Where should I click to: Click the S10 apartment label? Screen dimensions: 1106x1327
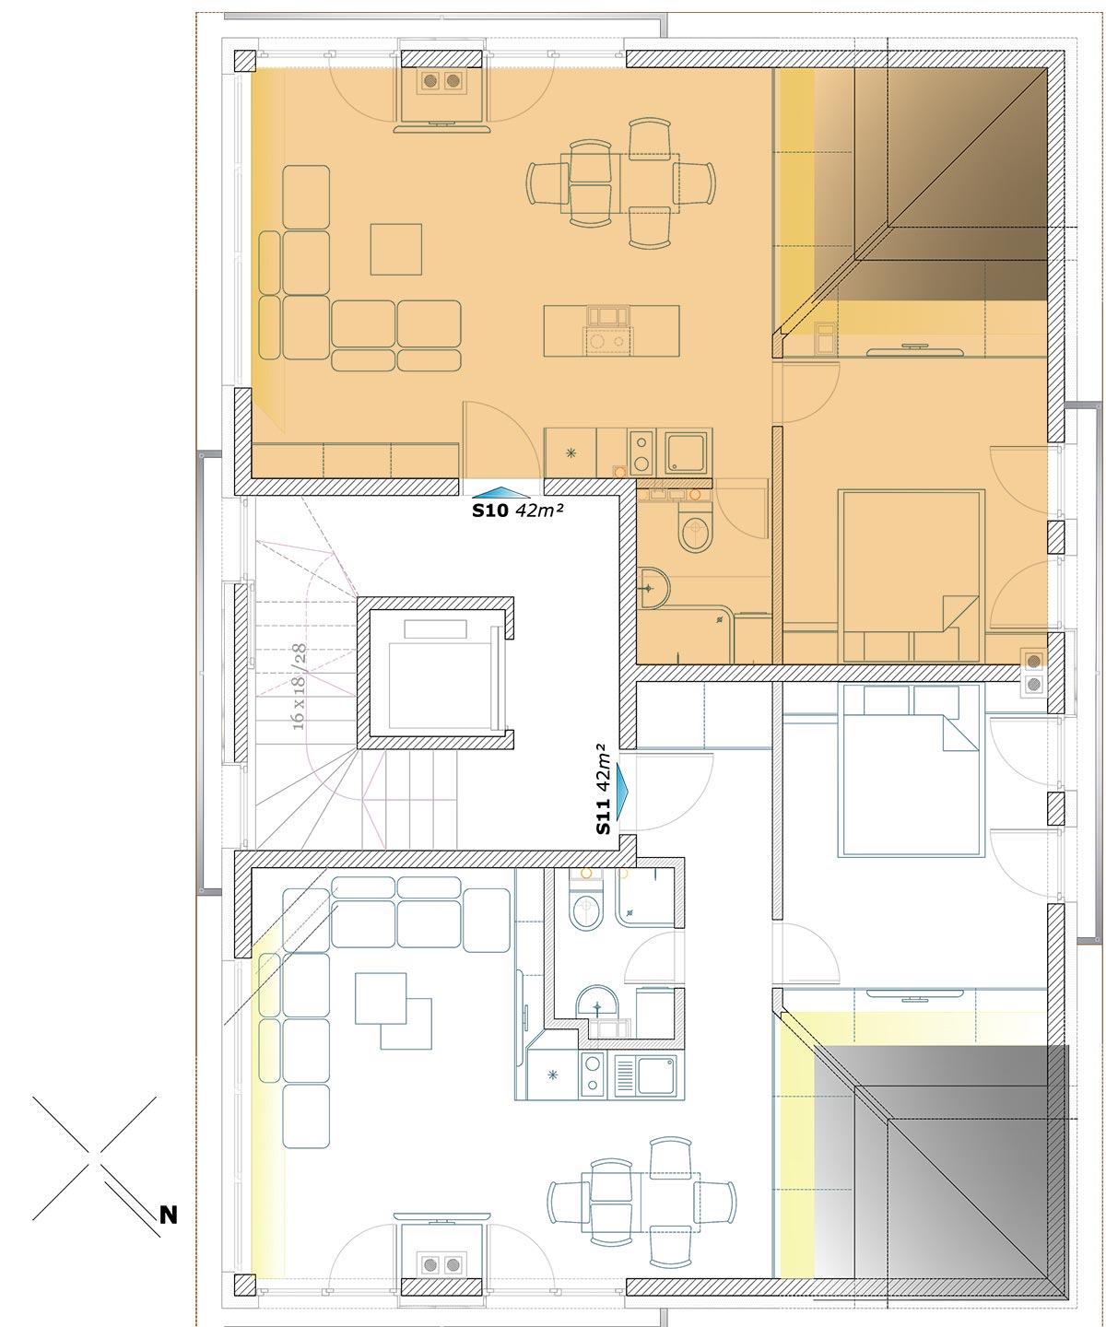(x=490, y=511)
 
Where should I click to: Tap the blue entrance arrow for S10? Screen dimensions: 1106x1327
(x=500, y=492)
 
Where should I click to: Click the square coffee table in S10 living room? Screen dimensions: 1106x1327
(x=396, y=249)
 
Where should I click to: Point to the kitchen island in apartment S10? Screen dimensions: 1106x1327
(x=611, y=331)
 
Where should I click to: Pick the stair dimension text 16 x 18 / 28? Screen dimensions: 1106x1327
(x=298, y=687)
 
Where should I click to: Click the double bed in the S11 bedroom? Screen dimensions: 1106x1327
(x=911, y=770)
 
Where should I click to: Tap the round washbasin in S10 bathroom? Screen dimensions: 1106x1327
(x=653, y=588)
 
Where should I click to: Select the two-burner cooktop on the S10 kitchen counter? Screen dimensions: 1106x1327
(x=641, y=452)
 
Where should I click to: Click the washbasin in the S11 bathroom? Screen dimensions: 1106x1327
(x=596, y=1003)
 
